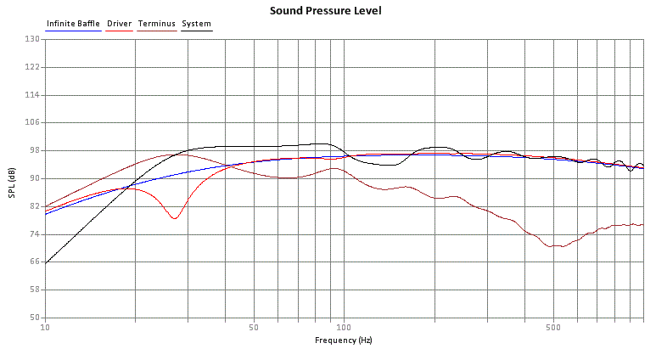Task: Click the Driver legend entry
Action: pos(119,24)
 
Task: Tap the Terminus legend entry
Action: pos(157,24)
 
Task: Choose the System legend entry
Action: pos(196,24)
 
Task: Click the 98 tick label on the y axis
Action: pos(34,150)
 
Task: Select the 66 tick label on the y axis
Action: pos(34,262)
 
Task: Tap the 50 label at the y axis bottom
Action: pos(34,318)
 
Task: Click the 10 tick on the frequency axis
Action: pos(45,327)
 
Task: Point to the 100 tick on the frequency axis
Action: pos(343,327)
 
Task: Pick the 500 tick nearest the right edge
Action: pos(552,327)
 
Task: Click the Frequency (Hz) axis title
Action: pos(343,340)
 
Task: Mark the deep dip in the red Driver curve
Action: pos(175,218)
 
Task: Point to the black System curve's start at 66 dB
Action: pos(46,262)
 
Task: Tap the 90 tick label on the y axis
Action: pos(34,178)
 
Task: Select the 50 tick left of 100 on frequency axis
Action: pos(253,327)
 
